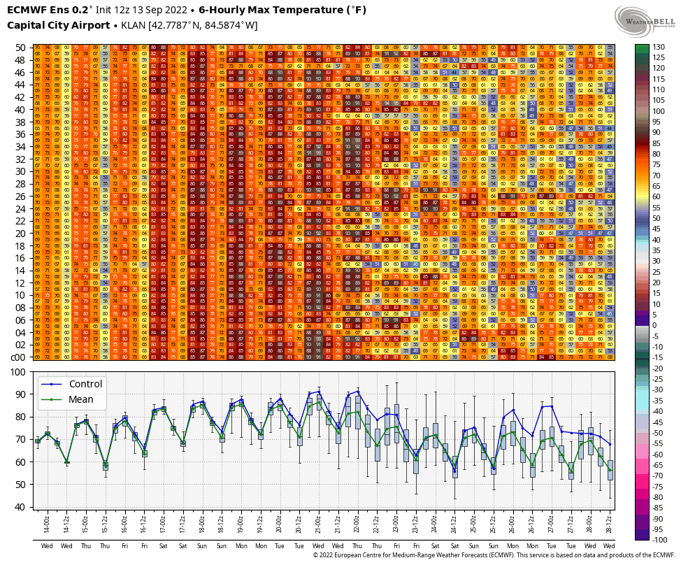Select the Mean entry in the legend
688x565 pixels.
(81, 400)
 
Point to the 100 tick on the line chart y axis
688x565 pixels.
(20, 371)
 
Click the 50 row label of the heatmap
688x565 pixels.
(20, 47)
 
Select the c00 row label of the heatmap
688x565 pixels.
(19, 357)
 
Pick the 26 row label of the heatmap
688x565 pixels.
(20, 196)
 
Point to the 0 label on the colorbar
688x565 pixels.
(657, 326)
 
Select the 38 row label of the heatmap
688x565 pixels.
(20, 122)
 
